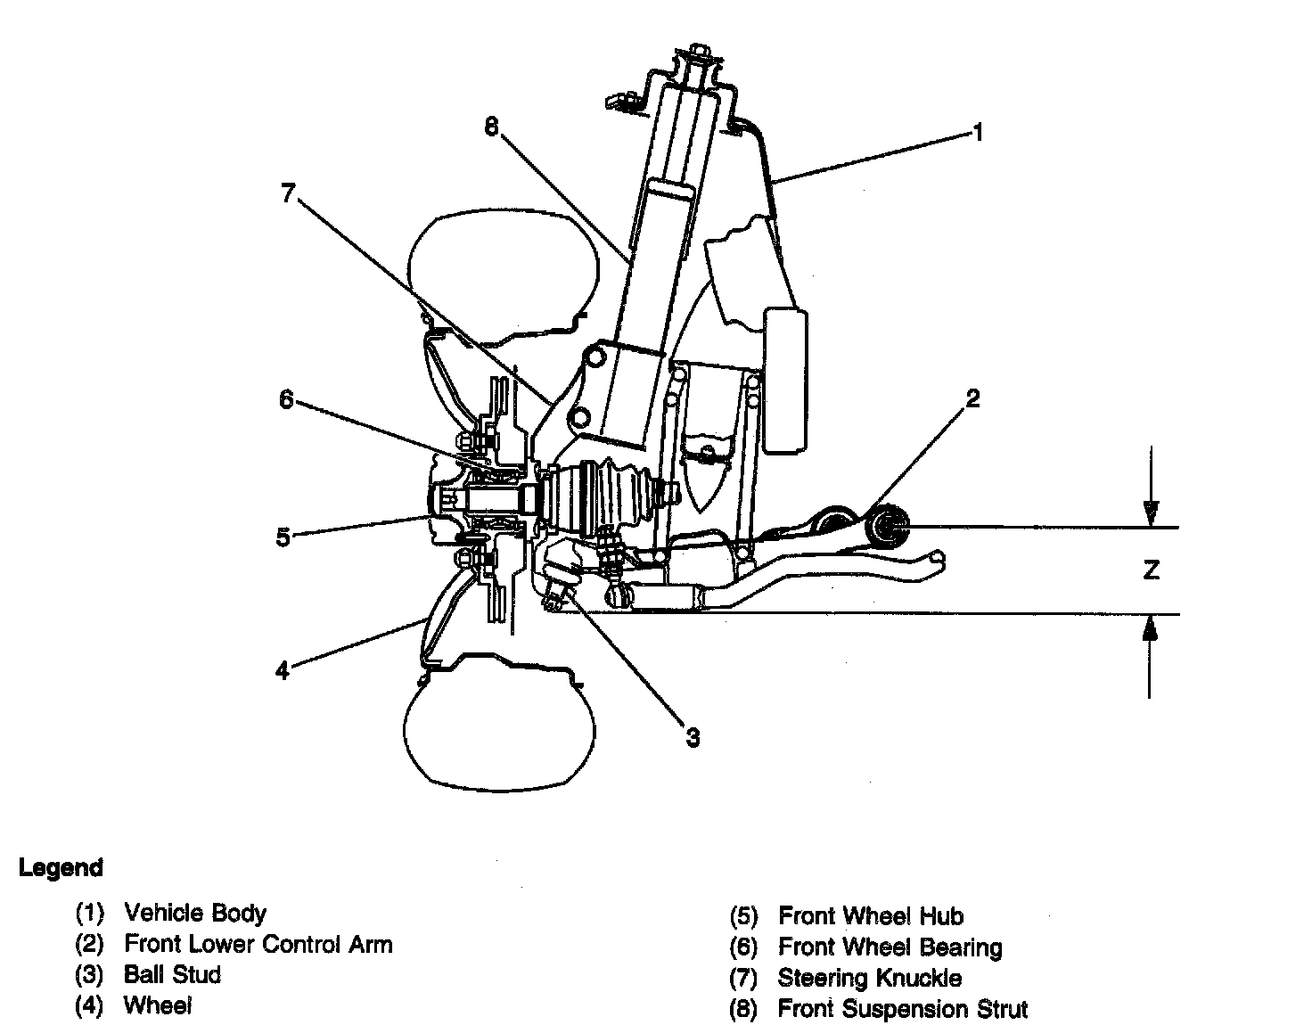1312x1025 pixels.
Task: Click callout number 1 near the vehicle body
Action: click(977, 134)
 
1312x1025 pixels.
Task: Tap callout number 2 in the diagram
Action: click(972, 398)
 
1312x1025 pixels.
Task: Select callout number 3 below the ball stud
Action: click(693, 737)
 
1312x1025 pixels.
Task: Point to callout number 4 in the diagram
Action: click(283, 670)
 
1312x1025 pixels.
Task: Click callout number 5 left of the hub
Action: click(283, 537)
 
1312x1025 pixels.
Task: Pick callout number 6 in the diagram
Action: click(286, 400)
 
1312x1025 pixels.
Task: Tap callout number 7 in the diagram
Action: click(287, 193)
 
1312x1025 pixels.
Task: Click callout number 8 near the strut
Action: click(491, 127)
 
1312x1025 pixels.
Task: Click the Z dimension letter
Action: click(1151, 570)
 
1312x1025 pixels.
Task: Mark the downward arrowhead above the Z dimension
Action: click(1151, 514)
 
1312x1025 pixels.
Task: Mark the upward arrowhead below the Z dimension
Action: click(1151, 628)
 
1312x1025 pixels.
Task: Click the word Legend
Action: click(61, 867)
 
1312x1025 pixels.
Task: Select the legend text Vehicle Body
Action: click(195, 913)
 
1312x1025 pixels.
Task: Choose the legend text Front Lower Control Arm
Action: click(258, 944)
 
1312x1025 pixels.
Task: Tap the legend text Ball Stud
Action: click(172, 974)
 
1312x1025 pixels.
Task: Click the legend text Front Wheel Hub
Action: click(871, 915)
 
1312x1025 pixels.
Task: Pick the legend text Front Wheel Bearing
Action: click(890, 947)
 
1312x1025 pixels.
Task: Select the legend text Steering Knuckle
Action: click(869, 978)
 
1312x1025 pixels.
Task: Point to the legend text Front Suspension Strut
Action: click(902, 1009)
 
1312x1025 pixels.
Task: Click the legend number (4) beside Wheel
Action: click(90, 1006)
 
